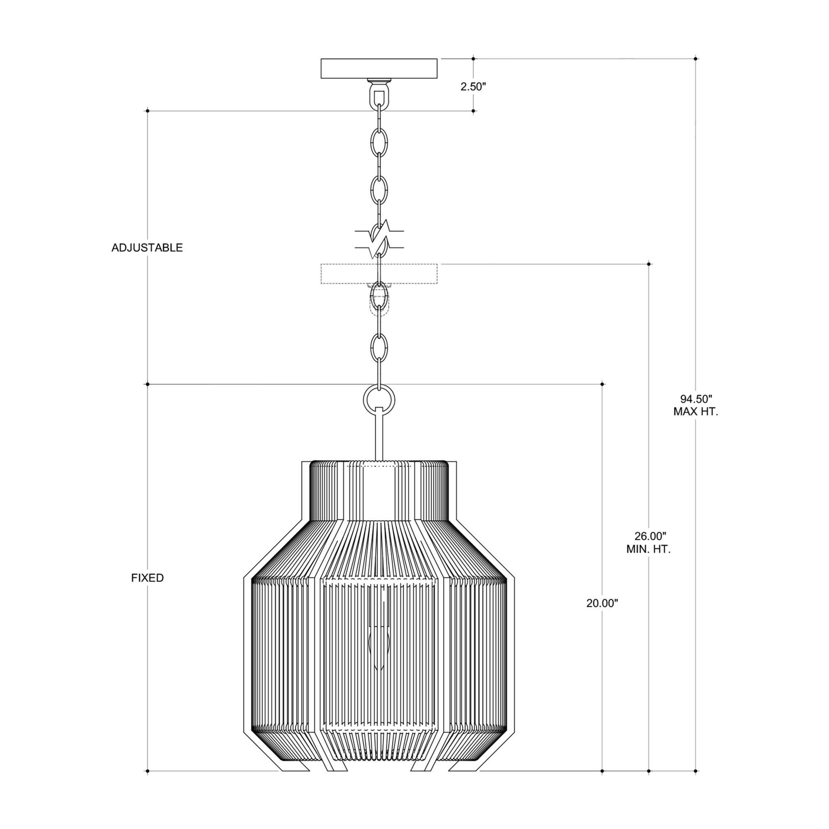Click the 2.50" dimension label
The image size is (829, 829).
click(x=473, y=87)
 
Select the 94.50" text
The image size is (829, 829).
click(x=696, y=399)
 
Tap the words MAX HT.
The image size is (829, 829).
click(x=696, y=412)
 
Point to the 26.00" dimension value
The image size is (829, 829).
click(x=650, y=536)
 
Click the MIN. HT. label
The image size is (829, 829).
click(x=648, y=549)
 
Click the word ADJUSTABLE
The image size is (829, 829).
click(x=147, y=247)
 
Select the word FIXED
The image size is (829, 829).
click(x=147, y=578)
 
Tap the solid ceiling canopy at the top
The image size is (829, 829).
click(x=379, y=69)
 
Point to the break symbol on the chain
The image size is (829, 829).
click(x=379, y=240)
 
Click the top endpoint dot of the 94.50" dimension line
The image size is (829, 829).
click(x=696, y=58)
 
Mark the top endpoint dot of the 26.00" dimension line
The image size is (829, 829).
click(x=649, y=264)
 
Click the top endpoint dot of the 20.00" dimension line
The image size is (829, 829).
click(x=602, y=384)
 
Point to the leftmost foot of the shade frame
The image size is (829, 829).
click(x=296, y=777)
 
